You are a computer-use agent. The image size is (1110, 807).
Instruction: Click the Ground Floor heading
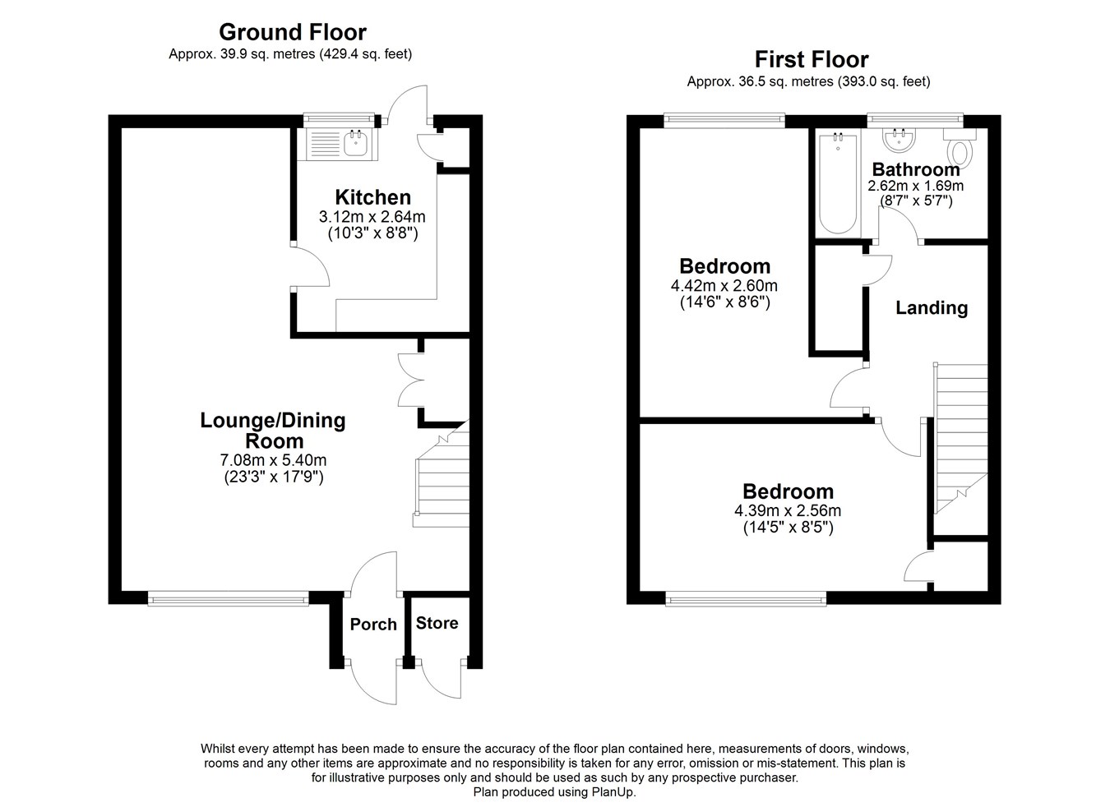[x=292, y=32]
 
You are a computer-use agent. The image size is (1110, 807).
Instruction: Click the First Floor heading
[x=811, y=59]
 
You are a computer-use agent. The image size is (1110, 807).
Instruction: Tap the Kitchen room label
[x=372, y=197]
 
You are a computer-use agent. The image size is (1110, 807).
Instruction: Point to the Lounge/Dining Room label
[x=273, y=430]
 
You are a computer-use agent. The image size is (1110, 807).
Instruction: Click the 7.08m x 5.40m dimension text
[x=273, y=460]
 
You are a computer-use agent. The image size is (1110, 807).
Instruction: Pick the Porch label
[x=373, y=625]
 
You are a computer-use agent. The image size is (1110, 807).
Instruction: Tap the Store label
[x=437, y=623]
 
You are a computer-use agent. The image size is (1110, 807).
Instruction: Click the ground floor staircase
[x=442, y=481]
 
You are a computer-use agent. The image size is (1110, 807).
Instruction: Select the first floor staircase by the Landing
[x=960, y=436]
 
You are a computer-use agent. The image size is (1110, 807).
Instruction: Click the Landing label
[x=931, y=308]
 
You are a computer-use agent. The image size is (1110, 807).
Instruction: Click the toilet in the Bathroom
[x=959, y=151]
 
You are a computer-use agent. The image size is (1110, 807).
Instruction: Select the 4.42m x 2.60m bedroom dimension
[x=724, y=286]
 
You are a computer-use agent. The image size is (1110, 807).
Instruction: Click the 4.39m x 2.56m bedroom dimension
[x=787, y=510]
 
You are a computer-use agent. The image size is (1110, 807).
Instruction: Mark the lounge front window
[x=229, y=599]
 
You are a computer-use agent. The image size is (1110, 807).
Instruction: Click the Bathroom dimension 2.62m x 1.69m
[x=915, y=186]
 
